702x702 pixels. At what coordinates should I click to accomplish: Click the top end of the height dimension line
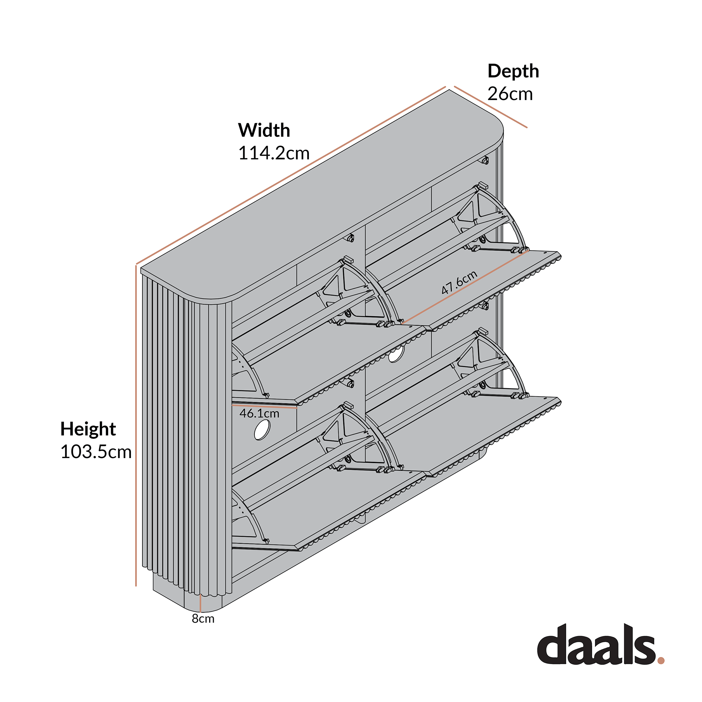(x=136, y=266)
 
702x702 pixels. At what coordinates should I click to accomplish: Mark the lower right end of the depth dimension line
(x=526, y=127)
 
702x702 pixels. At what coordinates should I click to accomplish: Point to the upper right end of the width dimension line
(x=445, y=87)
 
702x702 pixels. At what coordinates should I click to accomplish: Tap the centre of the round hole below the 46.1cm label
(x=261, y=430)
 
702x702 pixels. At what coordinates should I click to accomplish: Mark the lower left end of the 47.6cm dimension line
(x=402, y=323)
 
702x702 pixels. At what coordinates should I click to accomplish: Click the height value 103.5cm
(x=96, y=452)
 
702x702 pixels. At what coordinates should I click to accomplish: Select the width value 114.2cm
(x=274, y=153)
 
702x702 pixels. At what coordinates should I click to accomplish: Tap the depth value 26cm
(x=510, y=94)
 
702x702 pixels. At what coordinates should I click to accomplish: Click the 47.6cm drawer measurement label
(x=459, y=282)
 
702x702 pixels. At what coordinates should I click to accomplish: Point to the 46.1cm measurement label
(x=259, y=413)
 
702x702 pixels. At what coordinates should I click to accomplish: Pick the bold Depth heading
(x=513, y=71)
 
